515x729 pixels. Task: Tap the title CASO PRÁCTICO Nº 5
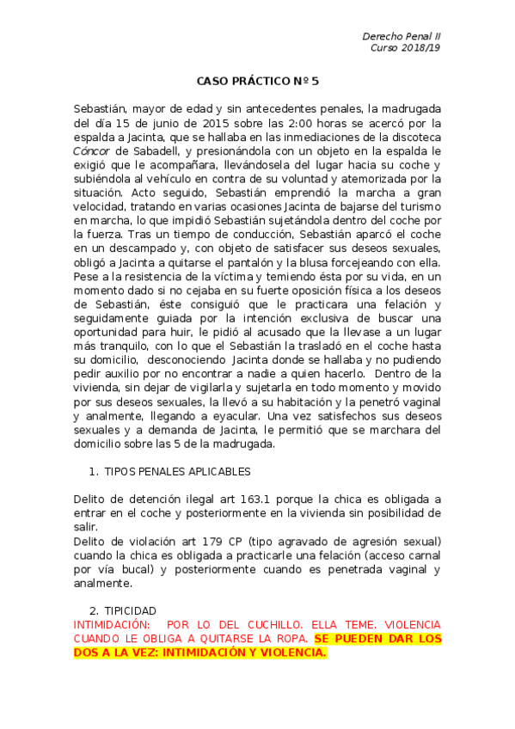[x=258, y=82]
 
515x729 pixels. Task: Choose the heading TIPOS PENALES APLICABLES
[x=177, y=471]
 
